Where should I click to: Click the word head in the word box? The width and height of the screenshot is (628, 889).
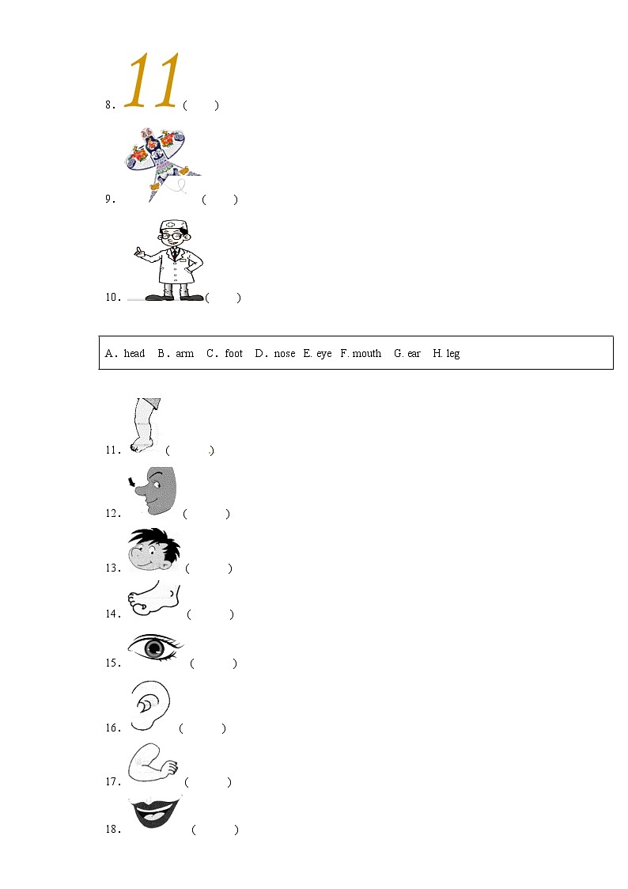134,353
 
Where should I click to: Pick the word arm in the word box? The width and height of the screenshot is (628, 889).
184,353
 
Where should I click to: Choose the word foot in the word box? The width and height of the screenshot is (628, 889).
233,353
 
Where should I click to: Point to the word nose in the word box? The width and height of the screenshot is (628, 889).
284,353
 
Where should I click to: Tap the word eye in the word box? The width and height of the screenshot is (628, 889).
324,354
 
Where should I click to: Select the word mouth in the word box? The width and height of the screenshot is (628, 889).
366,353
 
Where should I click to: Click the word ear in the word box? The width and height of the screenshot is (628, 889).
414,353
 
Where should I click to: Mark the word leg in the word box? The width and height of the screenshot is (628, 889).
453,354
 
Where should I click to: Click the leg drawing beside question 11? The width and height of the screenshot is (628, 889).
146,425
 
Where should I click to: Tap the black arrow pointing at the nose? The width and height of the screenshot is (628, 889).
133,482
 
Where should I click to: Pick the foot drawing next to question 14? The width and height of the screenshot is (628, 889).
153,598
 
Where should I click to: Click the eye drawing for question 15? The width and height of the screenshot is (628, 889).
155,647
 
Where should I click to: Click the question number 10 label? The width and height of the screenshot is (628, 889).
112,297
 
